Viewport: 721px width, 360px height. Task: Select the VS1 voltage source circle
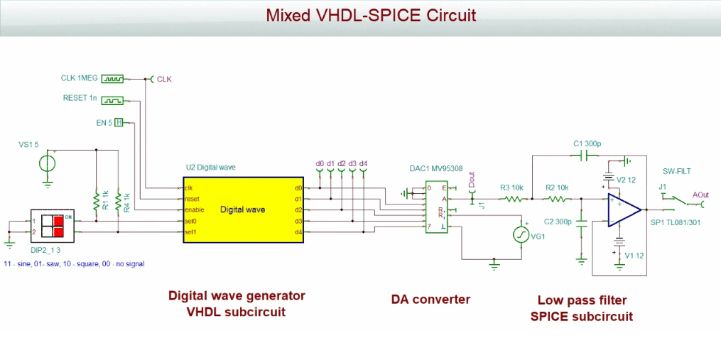pos(48,163)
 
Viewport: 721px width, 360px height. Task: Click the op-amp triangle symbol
pos(623,209)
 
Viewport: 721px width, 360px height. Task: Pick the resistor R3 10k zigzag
pos(513,199)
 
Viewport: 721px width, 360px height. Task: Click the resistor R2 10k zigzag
pos(557,199)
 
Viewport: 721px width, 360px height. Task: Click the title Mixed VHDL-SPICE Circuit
pos(360,15)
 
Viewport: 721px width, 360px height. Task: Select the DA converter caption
pos(430,299)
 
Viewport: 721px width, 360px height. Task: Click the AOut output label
pos(699,194)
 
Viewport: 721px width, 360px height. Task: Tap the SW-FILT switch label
pos(677,171)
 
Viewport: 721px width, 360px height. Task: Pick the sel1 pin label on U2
pos(190,232)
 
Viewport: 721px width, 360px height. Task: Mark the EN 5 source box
pos(119,122)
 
